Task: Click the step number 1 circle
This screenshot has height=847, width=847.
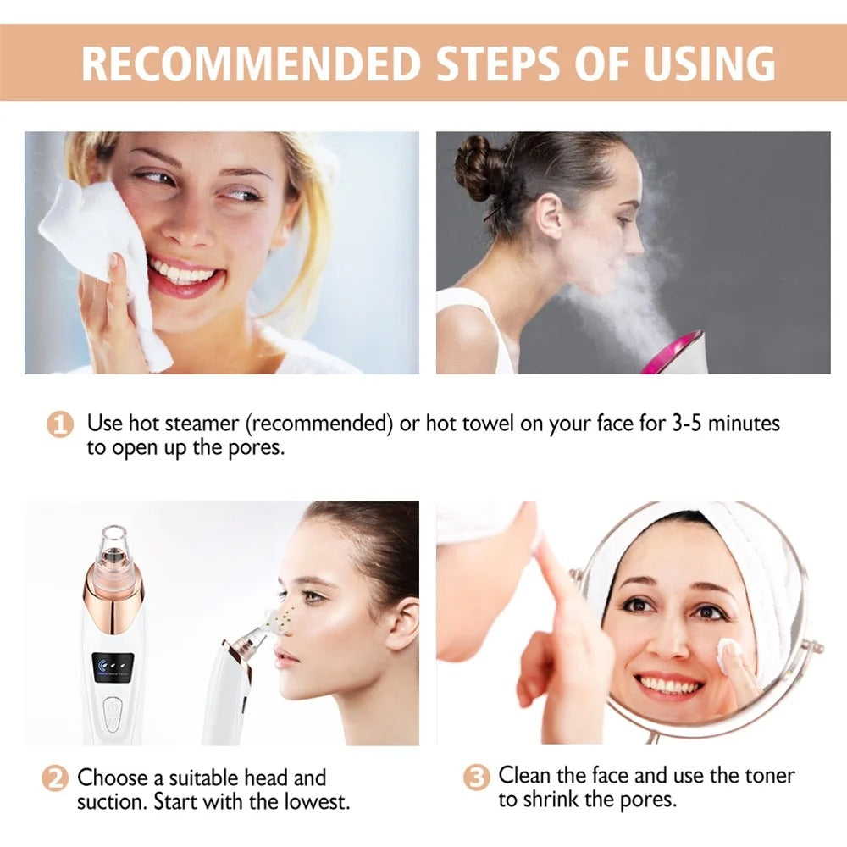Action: pos(59,424)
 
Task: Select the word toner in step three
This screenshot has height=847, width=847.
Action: pos(766,775)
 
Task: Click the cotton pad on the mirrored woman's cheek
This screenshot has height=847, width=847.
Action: pos(728,651)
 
